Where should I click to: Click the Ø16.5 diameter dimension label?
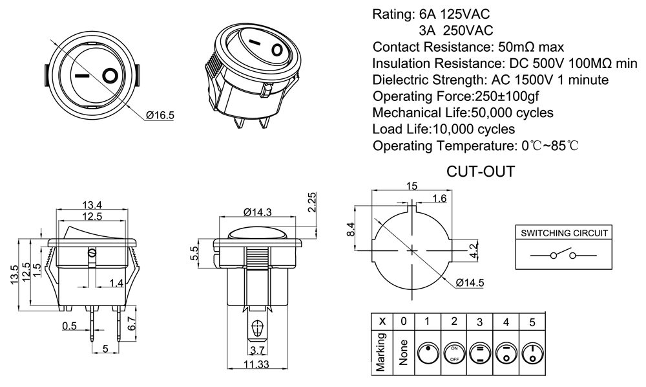click(x=160, y=116)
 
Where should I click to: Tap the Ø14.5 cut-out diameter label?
click(x=470, y=283)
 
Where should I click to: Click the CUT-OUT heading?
click(x=481, y=172)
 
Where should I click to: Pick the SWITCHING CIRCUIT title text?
click(x=564, y=234)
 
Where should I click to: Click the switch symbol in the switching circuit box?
click(x=563, y=255)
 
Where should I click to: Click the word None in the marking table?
click(x=404, y=352)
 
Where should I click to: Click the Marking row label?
click(x=382, y=352)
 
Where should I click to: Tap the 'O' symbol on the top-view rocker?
click(x=111, y=76)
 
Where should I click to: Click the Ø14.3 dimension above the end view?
click(x=258, y=212)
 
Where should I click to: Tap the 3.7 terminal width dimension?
click(x=257, y=351)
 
